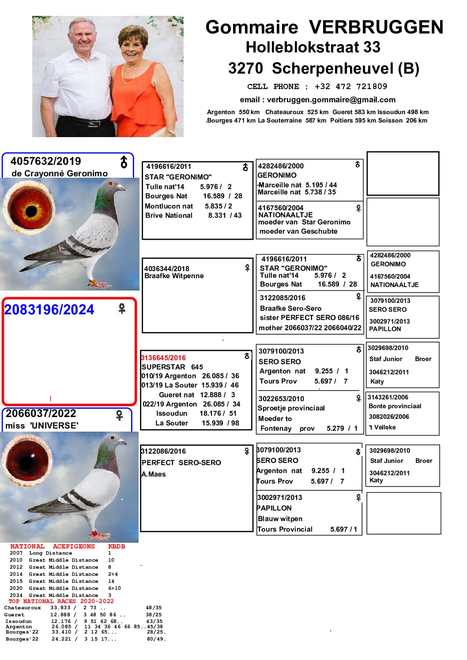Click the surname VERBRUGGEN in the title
[x=376, y=27]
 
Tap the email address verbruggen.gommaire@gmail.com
[x=331, y=100]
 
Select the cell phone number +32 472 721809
[x=350, y=86]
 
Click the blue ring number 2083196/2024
[x=49, y=310]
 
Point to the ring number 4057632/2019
[x=45, y=161]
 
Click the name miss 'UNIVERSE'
[x=42, y=425]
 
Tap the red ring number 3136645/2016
[x=163, y=358]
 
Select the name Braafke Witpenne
[x=174, y=276]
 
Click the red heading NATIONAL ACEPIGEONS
[x=52, y=546]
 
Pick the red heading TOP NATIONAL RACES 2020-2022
[x=61, y=601]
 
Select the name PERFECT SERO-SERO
[x=181, y=462]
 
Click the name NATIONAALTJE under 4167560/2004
[x=285, y=215]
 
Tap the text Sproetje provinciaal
[x=291, y=408]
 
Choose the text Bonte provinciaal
[x=395, y=406]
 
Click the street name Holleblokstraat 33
[x=313, y=47]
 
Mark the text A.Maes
[x=154, y=474]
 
